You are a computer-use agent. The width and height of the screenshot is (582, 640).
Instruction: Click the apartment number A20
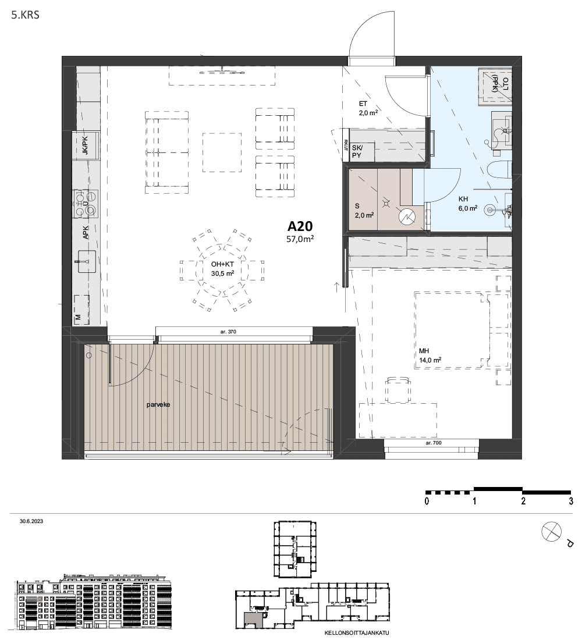tap(300, 226)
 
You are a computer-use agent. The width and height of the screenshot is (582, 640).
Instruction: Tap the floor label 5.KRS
tap(26, 15)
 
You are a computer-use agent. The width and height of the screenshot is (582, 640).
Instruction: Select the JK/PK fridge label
tap(85, 145)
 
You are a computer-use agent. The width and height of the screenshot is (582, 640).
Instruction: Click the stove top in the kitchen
tap(86, 203)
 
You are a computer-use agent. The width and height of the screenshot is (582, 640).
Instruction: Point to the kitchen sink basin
tap(87, 261)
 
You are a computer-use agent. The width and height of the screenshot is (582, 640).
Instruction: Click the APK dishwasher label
tap(86, 233)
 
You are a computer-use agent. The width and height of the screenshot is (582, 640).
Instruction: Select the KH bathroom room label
tap(463, 199)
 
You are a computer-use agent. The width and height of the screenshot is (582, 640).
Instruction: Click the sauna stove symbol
tap(407, 216)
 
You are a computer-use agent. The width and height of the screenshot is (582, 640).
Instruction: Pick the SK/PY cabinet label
tap(357, 151)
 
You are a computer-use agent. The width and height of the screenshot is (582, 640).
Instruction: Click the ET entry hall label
tap(363, 104)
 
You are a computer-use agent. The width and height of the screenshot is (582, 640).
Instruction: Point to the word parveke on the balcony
tap(158, 405)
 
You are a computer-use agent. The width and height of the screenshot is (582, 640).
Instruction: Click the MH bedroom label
tap(424, 351)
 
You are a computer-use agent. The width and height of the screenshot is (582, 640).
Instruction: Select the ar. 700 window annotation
tap(434, 443)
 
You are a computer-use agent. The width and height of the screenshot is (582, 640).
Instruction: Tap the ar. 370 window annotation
tap(228, 332)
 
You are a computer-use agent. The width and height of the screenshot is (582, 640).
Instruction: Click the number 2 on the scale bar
tap(523, 501)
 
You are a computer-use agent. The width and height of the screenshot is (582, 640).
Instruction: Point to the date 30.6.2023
tap(31, 521)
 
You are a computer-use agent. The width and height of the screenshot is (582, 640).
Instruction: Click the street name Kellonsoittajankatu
tap(357, 633)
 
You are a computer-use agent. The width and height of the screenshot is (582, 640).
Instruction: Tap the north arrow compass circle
tap(551, 532)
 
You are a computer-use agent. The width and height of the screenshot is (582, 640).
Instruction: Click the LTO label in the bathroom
tap(506, 84)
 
